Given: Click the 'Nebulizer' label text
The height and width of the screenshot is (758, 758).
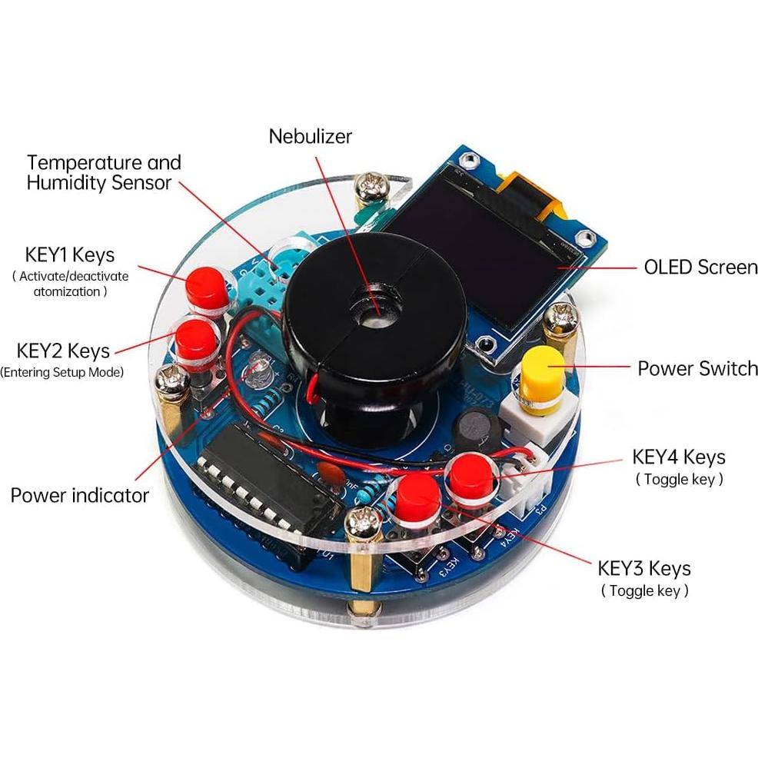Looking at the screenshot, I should [310, 137].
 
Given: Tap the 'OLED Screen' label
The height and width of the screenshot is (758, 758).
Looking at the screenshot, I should [700, 268].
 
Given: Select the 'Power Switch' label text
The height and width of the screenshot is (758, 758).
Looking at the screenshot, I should [697, 368].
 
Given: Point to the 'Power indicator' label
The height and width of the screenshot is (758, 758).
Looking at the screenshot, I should [79, 495].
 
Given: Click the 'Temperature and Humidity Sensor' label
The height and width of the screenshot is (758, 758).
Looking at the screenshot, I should [104, 172].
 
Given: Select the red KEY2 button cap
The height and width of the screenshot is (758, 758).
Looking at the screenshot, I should [196, 338].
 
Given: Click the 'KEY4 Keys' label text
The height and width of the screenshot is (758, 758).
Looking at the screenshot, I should [678, 457].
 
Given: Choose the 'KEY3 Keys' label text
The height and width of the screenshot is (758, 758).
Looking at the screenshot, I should [643, 569].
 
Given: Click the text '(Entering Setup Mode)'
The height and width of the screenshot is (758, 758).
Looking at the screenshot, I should [62, 373].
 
